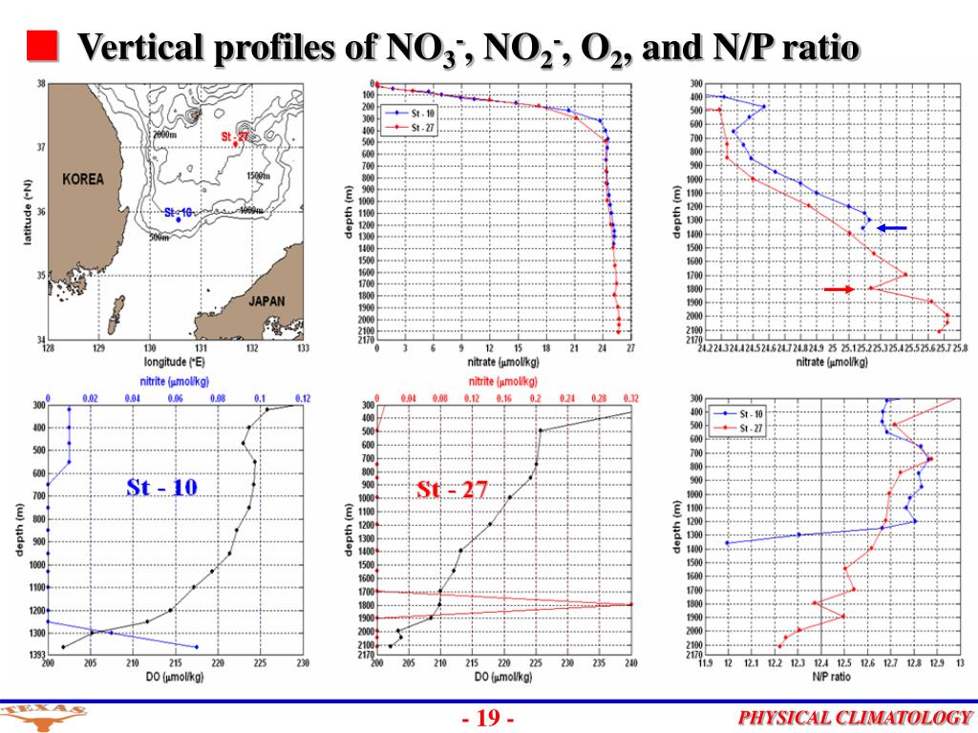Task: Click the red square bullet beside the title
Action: [x=40, y=45]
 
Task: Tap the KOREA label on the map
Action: [x=83, y=179]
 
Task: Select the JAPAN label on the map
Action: [x=266, y=301]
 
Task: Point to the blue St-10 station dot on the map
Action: [x=179, y=220]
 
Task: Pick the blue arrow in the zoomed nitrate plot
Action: [x=892, y=228]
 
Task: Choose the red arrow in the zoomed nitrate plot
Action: [x=839, y=289]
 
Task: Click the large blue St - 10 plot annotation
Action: [x=162, y=488]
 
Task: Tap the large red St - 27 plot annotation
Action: [x=452, y=491]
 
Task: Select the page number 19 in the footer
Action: [x=489, y=719]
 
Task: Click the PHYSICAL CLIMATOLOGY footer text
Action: [x=855, y=719]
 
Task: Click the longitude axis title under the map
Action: [x=178, y=362]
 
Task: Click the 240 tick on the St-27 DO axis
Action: [x=630, y=664]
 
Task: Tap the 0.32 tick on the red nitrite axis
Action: [x=630, y=397]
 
